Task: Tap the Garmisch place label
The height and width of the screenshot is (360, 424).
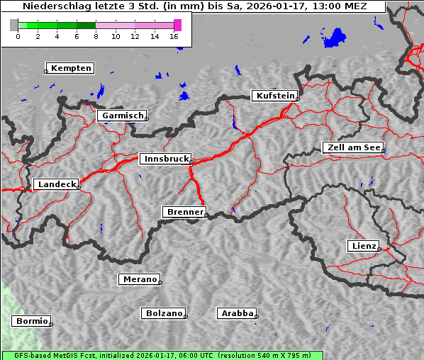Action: tap(123, 116)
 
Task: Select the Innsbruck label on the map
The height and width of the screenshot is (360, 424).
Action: tap(165, 159)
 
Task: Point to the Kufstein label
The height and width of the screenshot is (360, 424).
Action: tap(274, 96)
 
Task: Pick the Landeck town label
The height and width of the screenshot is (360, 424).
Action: tap(56, 184)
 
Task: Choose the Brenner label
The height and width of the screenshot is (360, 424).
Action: tap(184, 212)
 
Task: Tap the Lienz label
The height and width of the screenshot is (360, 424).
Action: tap(363, 246)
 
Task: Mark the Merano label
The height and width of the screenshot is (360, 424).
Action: tap(140, 279)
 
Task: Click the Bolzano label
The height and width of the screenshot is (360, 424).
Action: tap(164, 313)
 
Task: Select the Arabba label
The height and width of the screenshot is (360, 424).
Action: tap(237, 313)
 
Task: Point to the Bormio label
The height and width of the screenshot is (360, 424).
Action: tap(32, 321)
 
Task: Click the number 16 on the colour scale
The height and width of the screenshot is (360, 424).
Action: tap(174, 36)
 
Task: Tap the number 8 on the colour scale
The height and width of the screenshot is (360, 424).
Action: tap(96, 36)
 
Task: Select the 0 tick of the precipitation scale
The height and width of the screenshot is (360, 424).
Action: tap(18, 36)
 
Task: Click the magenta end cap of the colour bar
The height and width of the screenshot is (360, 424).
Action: tap(177, 25)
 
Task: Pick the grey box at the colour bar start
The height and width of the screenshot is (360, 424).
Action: tap(14, 25)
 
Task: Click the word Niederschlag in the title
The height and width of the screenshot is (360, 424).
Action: tap(52, 6)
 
